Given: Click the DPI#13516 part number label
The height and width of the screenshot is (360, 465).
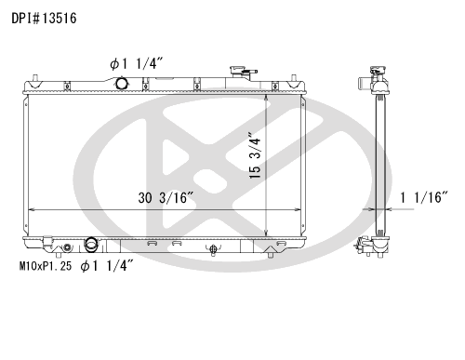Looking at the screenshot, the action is (44, 19).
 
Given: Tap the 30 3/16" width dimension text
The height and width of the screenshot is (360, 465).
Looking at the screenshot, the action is (166, 198).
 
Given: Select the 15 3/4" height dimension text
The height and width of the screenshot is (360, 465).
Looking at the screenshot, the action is (256, 156).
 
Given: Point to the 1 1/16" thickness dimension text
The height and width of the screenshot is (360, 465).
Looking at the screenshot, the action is (424, 197).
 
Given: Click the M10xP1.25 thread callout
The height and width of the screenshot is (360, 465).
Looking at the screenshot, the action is (46, 266).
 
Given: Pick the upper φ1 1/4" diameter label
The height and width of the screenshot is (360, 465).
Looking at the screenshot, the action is (137, 64).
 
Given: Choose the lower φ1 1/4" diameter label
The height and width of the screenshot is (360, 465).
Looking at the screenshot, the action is (107, 266).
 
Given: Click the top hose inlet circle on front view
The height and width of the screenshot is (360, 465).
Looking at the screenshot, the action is (122, 83).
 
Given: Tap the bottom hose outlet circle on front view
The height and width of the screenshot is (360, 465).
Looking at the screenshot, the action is (91, 244).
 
